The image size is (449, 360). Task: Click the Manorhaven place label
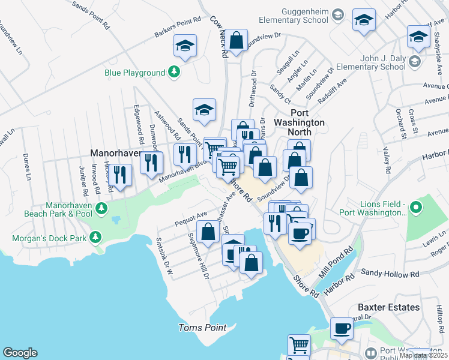[x=115, y=154]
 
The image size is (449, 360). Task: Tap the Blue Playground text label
[x=134, y=73]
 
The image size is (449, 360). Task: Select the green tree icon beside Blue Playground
[x=174, y=73]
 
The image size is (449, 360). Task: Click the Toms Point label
[x=202, y=328]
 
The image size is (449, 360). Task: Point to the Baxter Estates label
[x=388, y=307]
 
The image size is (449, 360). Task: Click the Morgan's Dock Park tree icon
[x=95, y=238]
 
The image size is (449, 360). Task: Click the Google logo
[x=20, y=353]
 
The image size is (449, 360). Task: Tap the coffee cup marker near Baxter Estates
[x=342, y=328]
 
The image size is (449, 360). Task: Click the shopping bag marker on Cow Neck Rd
[x=237, y=41]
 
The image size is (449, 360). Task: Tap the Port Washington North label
[x=307, y=117]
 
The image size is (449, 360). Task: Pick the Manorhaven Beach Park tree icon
[x=102, y=208]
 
